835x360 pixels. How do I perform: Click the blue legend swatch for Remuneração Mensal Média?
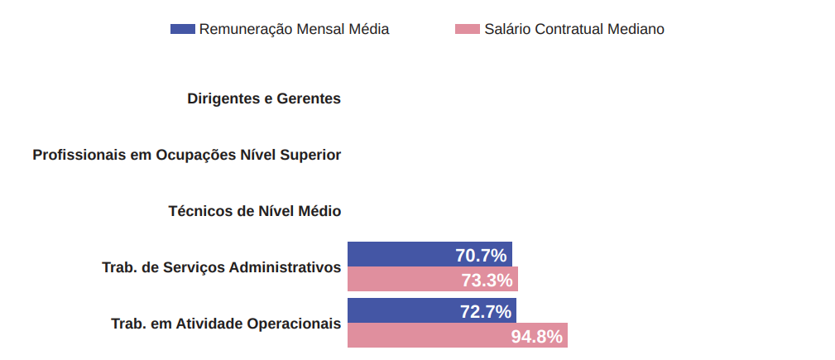coord(182,29)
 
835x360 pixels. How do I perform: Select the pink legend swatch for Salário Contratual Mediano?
coord(468,29)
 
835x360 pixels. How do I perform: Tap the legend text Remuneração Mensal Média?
coord(294,29)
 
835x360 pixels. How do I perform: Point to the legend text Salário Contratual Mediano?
coord(574,29)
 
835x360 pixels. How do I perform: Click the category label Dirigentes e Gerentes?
coord(264,98)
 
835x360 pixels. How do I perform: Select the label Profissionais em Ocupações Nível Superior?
coord(186,155)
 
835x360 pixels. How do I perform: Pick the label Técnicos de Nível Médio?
coord(254,211)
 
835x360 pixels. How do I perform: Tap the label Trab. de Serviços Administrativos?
coord(221,267)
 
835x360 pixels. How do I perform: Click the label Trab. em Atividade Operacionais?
coord(226,324)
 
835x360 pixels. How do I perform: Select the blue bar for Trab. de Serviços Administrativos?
coord(397,254)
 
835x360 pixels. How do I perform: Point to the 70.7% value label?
coord(481,255)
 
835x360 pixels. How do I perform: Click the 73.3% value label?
coord(487,281)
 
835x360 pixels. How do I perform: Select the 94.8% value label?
coord(536,337)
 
